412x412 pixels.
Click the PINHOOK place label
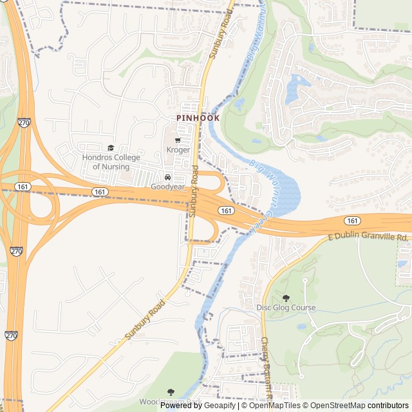[x=198, y=118]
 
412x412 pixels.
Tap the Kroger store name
[x=178, y=150]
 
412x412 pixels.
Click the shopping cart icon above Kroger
[x=178, y=140]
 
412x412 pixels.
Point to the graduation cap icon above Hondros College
[x=110, y=149]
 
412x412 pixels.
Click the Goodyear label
[x=167, y=187]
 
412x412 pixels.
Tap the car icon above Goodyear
[x=167, y=178]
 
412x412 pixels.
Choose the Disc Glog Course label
[x=286, y=308]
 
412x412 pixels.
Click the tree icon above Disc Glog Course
[x=286, y=298]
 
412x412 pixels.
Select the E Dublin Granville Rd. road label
[x=368, y=238]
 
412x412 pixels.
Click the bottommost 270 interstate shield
[x=11, y=335]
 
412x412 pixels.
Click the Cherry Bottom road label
[x=268, y=367]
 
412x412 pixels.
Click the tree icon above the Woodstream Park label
[x=171, y=392]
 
